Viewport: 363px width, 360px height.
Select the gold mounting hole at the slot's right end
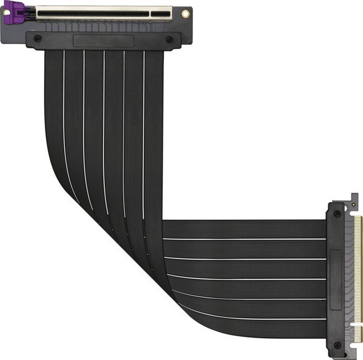(185, 13)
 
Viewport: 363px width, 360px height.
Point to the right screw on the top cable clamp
(169, 40)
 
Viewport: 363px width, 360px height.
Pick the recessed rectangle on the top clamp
(103, 41)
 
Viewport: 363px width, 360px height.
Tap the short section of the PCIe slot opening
(161, 11)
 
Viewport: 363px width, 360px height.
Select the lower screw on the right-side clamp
(337, 345)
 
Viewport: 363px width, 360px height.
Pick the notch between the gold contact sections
(358, 321)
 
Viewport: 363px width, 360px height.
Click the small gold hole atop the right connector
(354, 208)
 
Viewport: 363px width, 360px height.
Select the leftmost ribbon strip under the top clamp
(54, 91)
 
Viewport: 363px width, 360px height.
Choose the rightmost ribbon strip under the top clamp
(154, 91)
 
